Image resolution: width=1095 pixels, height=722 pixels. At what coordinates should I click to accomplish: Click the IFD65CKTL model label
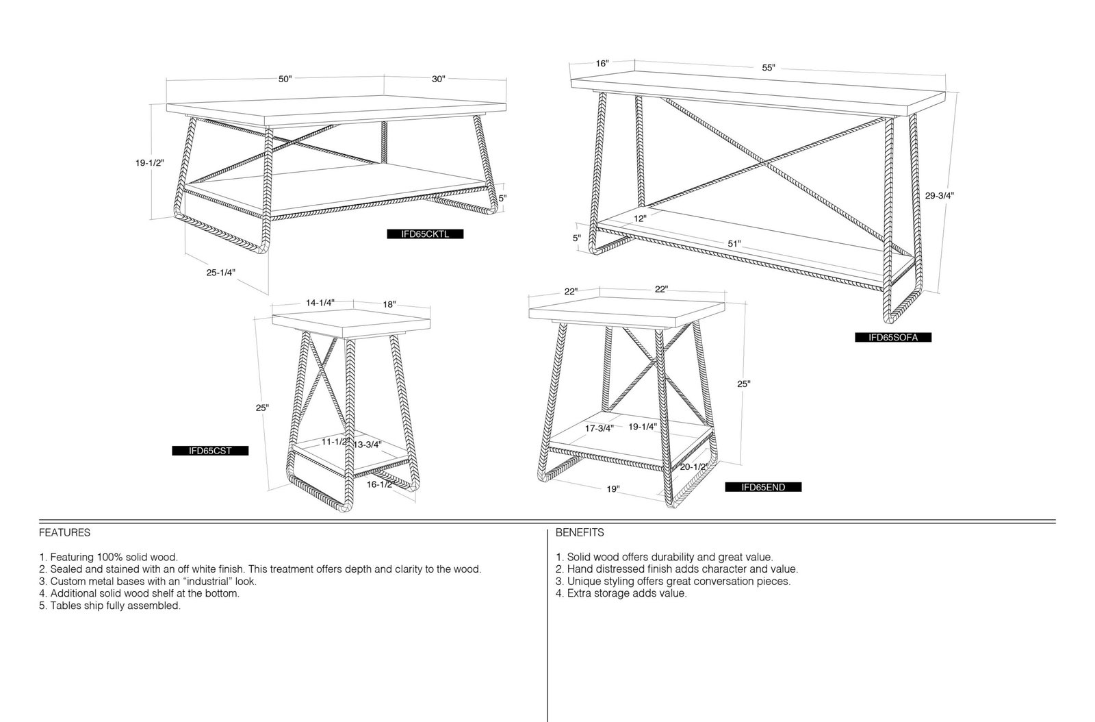[425, 234]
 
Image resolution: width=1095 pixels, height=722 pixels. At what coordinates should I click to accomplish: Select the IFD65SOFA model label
[893, 338]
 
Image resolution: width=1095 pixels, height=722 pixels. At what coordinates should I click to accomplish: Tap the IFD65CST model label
[210, 451]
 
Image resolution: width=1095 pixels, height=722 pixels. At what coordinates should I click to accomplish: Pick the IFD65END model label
[763, 487]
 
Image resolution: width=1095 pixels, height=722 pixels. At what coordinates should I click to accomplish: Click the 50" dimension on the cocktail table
[285, 79]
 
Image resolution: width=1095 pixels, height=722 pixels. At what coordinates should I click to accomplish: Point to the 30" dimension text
[439, 79]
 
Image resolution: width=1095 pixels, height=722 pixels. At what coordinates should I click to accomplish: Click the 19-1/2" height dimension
[150, 163]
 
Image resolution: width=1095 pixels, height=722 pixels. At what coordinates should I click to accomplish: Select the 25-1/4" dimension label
[221, 273]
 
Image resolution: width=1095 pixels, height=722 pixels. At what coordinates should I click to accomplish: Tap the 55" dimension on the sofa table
[769, 68]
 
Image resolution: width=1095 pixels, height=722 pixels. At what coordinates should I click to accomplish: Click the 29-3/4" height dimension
[940, 196]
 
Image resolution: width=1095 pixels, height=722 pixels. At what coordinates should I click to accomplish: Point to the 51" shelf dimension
[734, 244]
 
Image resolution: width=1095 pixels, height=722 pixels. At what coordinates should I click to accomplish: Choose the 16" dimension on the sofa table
[602, 64]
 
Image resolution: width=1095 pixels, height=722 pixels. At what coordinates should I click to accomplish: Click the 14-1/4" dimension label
[320, 303]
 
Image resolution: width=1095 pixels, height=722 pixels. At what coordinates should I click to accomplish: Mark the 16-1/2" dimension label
[380, 485]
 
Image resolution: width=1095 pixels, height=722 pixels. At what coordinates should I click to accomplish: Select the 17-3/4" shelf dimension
[600, 429]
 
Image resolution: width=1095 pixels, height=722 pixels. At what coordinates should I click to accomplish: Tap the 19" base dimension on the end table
[613, 489]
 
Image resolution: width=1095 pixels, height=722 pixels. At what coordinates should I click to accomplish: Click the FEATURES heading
[64, 533]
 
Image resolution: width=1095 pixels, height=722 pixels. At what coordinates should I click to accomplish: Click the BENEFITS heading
[580, 533]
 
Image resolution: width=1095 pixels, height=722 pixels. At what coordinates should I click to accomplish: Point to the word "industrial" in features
[203, 582]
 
